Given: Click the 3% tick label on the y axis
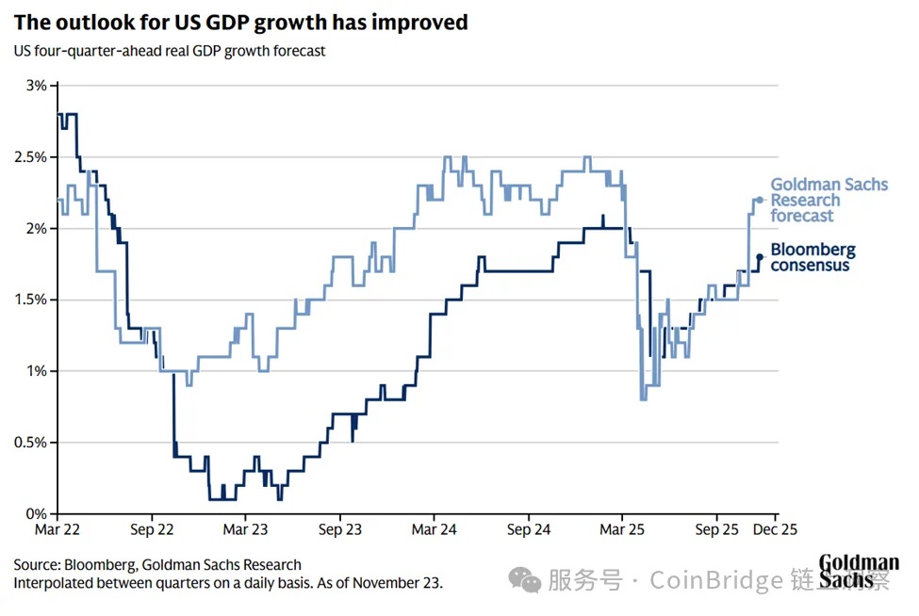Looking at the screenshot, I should click(x=36, y=86).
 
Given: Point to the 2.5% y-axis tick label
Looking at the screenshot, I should click(x=30, y=157).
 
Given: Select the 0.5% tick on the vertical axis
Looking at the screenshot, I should click(x=30, y=443).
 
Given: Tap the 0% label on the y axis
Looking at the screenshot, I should click(x=36, y=514).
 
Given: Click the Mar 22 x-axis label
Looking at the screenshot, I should click(x=58, y=530).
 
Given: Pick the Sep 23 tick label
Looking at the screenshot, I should click(x=340, y=530).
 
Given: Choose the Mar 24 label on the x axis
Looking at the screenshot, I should click(x=435, y=530).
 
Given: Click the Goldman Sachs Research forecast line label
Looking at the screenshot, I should click(x=829, y=200).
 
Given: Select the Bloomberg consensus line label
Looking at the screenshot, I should click(x=812, y=257).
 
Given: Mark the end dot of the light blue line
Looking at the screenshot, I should click(x=760, y=200).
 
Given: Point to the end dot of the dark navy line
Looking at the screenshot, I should click(x=760, y=256).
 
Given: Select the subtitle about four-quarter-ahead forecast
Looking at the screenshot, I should click(x=170, y=51).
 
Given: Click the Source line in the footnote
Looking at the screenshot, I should click(x=157, y=565).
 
